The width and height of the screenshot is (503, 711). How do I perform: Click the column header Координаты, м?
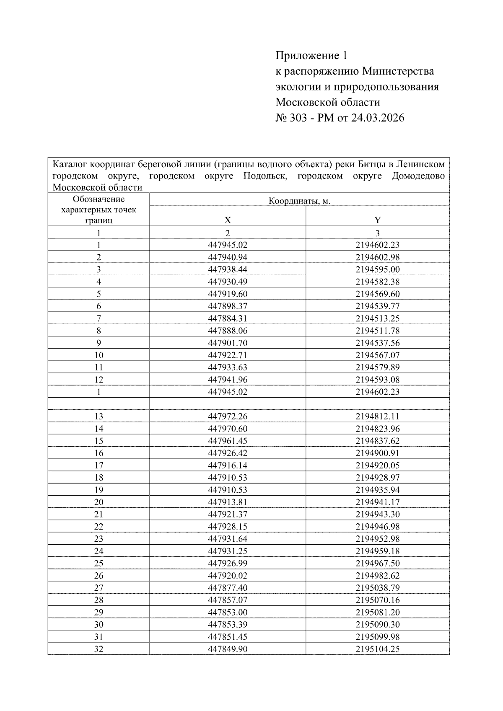(299, 201)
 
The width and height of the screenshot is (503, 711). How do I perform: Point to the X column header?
(228, 220)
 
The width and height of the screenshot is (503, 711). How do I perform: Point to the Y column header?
(378, 220)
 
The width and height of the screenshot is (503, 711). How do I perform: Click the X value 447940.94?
(228, 257)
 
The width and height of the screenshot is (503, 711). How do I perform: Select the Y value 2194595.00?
(378, 269)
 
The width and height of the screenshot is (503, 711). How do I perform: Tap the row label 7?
(99, 318)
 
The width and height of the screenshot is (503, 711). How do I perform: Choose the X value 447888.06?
(228, 330)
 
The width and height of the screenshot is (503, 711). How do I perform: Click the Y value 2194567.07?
(378, 355)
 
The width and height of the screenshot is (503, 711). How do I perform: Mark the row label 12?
(99, 380)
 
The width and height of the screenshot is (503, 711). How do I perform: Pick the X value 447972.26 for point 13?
(228, 416)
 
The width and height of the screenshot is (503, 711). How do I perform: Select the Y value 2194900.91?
(378, 453)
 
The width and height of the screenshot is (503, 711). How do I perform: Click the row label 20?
(99, 502)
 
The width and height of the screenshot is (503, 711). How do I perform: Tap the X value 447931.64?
(228, 538)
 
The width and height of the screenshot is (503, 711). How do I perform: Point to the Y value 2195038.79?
(378, 587)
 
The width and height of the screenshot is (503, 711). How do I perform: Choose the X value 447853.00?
(228, 612)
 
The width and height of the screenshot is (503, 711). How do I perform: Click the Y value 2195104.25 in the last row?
(378, 649)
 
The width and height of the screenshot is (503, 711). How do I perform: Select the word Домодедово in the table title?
(418, 176)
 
